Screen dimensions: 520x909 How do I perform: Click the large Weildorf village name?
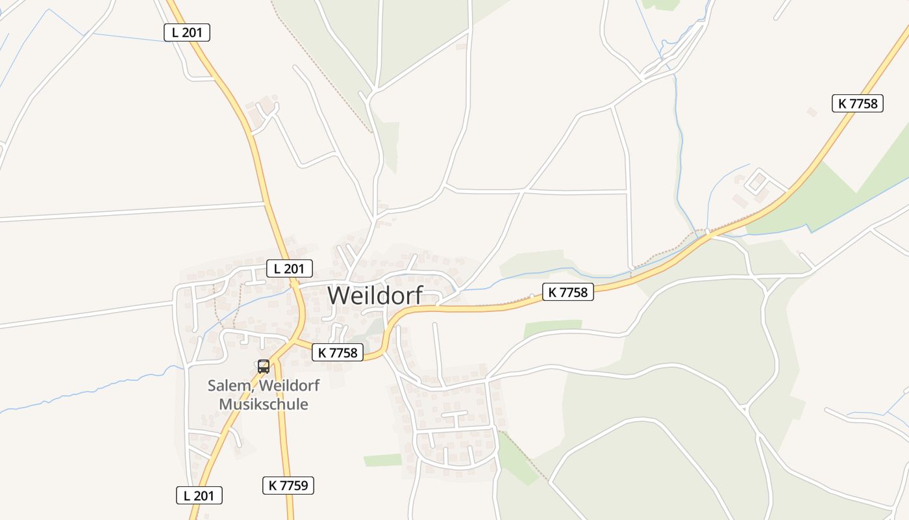(375, 295)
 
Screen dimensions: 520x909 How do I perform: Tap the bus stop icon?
(263, 366)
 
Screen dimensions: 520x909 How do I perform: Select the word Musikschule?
(263, 404)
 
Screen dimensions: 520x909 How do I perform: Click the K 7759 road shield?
(288, 485)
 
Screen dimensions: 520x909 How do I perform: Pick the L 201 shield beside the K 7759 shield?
(199, 495)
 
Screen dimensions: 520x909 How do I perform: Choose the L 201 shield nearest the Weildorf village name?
(290, 268)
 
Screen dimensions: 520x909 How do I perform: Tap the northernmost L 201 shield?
(187, 32)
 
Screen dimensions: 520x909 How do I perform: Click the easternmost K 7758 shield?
(858, 103)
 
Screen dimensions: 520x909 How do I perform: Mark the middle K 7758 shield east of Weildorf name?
(567, 292)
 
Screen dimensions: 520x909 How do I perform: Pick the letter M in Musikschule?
(225, 404)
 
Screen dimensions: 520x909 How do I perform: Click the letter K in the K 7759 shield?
(273, 485)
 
